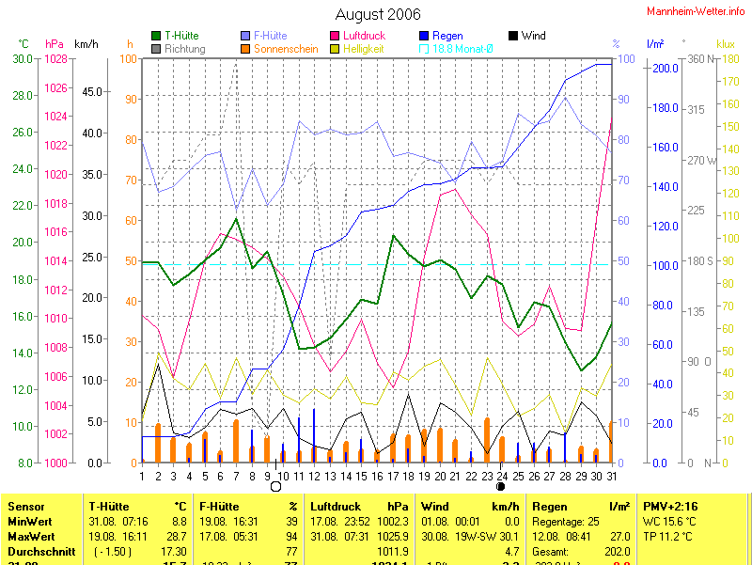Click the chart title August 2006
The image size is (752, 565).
377,14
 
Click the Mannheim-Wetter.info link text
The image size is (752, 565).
697,10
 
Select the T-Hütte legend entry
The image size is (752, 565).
181,36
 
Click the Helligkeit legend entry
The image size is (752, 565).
363,48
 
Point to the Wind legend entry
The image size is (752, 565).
533,36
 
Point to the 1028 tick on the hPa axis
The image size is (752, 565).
56,58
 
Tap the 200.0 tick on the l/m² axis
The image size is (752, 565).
664,69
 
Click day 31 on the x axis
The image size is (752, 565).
612,476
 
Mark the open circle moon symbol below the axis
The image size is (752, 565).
275,486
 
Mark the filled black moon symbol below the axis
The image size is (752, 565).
501,486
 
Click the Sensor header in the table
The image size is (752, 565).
25,506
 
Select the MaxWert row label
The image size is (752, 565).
31,536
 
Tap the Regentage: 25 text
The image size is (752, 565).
566,521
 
